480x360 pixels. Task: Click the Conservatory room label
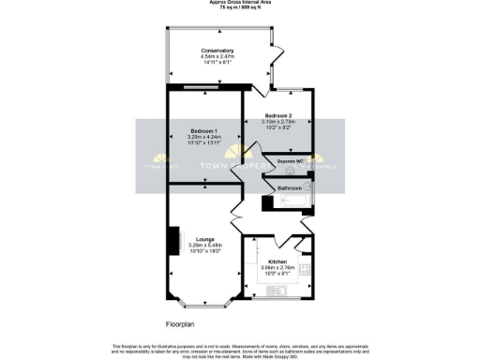point(216,50)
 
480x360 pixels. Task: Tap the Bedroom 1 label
point(203,129)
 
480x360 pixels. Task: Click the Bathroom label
point(289,187)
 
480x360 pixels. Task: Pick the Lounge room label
point(202,239)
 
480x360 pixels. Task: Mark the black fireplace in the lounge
point(172,240)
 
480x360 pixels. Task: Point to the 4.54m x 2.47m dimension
point(216,56)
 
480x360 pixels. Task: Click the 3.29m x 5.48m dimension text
point(202,246)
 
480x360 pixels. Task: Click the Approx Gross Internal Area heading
point(239,3)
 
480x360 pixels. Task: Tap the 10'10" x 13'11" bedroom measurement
point(203,142)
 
